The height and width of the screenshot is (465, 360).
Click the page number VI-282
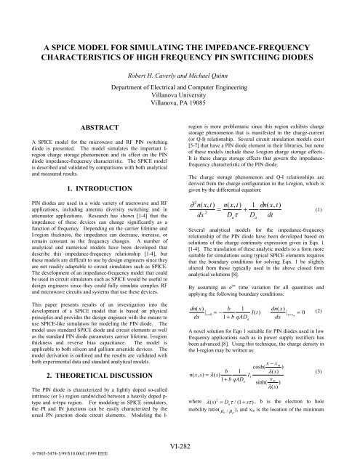[180, 441]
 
